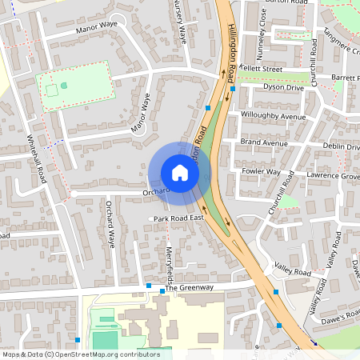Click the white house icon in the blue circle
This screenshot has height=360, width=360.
(179, 173)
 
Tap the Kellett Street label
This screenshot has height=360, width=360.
(262, 70)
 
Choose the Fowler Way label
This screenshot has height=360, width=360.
(262, 171)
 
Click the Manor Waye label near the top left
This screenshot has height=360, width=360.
(96, 30)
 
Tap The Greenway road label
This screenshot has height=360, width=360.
(191, 288)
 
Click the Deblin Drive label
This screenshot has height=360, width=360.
(342, 146)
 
